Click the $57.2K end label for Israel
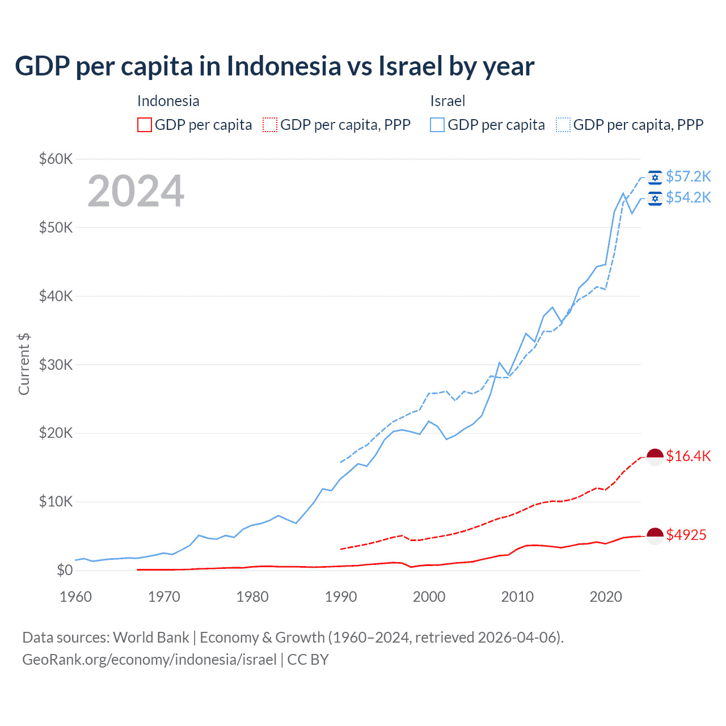[x=688, y=177]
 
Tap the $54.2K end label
[x=688, y=197]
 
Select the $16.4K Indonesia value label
[x=688, y=456]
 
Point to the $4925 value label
[x=686, y=535]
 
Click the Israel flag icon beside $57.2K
[x=655, y=178]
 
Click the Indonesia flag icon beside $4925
[x=655, y=535]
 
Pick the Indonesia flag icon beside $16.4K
[x=655, y=457]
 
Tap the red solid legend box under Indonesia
[x=145, y=125]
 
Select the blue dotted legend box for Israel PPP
[x=563, y=125]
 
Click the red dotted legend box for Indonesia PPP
[x=270, y=125]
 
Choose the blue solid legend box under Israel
[x=437, y=125]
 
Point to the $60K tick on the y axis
[x=56, y=159]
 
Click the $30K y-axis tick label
[x=56, y=365]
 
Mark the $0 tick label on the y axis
[x=65, y=570]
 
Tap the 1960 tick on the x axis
[x=75, y=597]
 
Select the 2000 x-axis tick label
[x=429, y=597]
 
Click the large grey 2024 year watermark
[x=136, y=191]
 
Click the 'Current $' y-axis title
[x=24, y=364]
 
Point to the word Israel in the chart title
[x=410, y=66]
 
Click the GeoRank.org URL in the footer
[x=149, y=660]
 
